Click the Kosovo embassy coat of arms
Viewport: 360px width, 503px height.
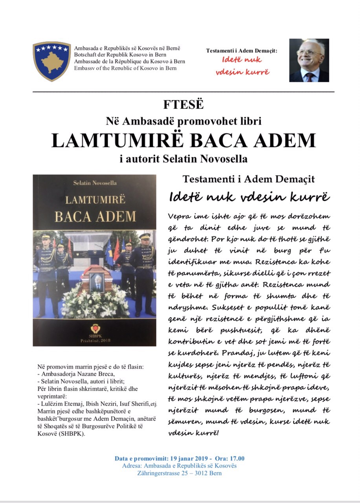pos(51,61)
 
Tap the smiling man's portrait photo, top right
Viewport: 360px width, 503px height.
pos(309,60)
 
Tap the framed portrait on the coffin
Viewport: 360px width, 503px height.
pos(97,282)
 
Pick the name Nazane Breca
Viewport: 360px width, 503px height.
pos(90,374)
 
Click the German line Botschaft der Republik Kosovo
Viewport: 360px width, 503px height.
pos(124,55)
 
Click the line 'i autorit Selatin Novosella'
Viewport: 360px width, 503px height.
pos(184,160)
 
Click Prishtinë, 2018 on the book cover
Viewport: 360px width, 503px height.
pos(95,340)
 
